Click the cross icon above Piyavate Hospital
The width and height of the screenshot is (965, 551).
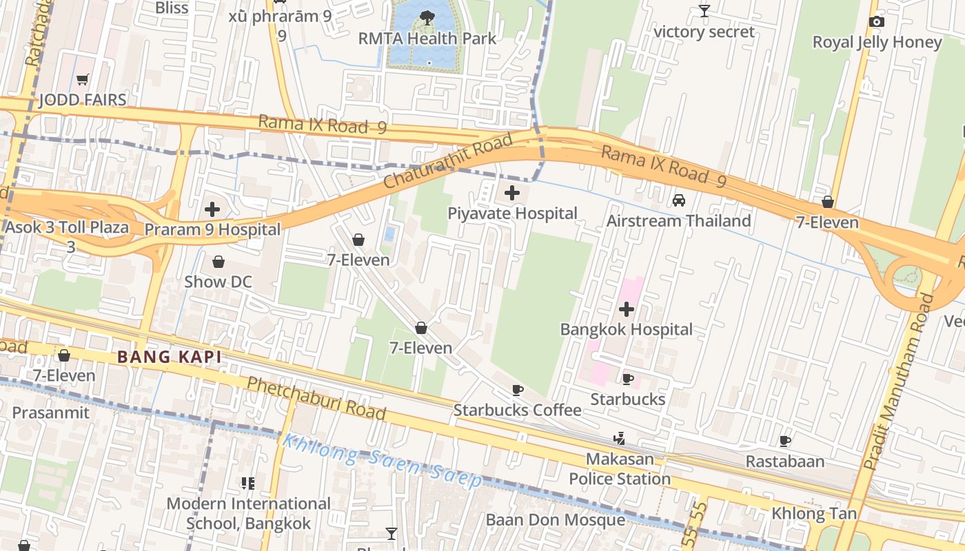[512, 193]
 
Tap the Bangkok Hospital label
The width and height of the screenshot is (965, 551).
[626, 329]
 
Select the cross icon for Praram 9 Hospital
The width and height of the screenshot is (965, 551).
[212, 209]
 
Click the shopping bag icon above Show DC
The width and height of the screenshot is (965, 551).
[218, 262]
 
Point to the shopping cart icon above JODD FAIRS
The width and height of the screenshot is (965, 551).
[83, 80]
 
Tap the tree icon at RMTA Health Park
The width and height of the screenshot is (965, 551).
[427, 18]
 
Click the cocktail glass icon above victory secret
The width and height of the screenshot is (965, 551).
[704, 11]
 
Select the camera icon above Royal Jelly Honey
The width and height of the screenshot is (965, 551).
[876, 22]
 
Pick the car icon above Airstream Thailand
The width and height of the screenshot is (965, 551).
[679, 200]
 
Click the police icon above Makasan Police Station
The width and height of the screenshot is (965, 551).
[619, 438]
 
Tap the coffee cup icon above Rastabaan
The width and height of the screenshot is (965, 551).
[784, 441]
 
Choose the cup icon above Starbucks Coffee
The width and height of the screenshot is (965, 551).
[517, 391]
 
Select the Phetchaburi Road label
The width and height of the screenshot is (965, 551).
[316, 399]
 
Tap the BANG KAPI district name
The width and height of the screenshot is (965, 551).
[170, 357]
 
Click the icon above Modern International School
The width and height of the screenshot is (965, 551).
[248, 484]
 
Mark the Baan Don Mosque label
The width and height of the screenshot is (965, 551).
[556, 519]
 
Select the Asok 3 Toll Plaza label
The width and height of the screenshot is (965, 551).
[67, 227]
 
